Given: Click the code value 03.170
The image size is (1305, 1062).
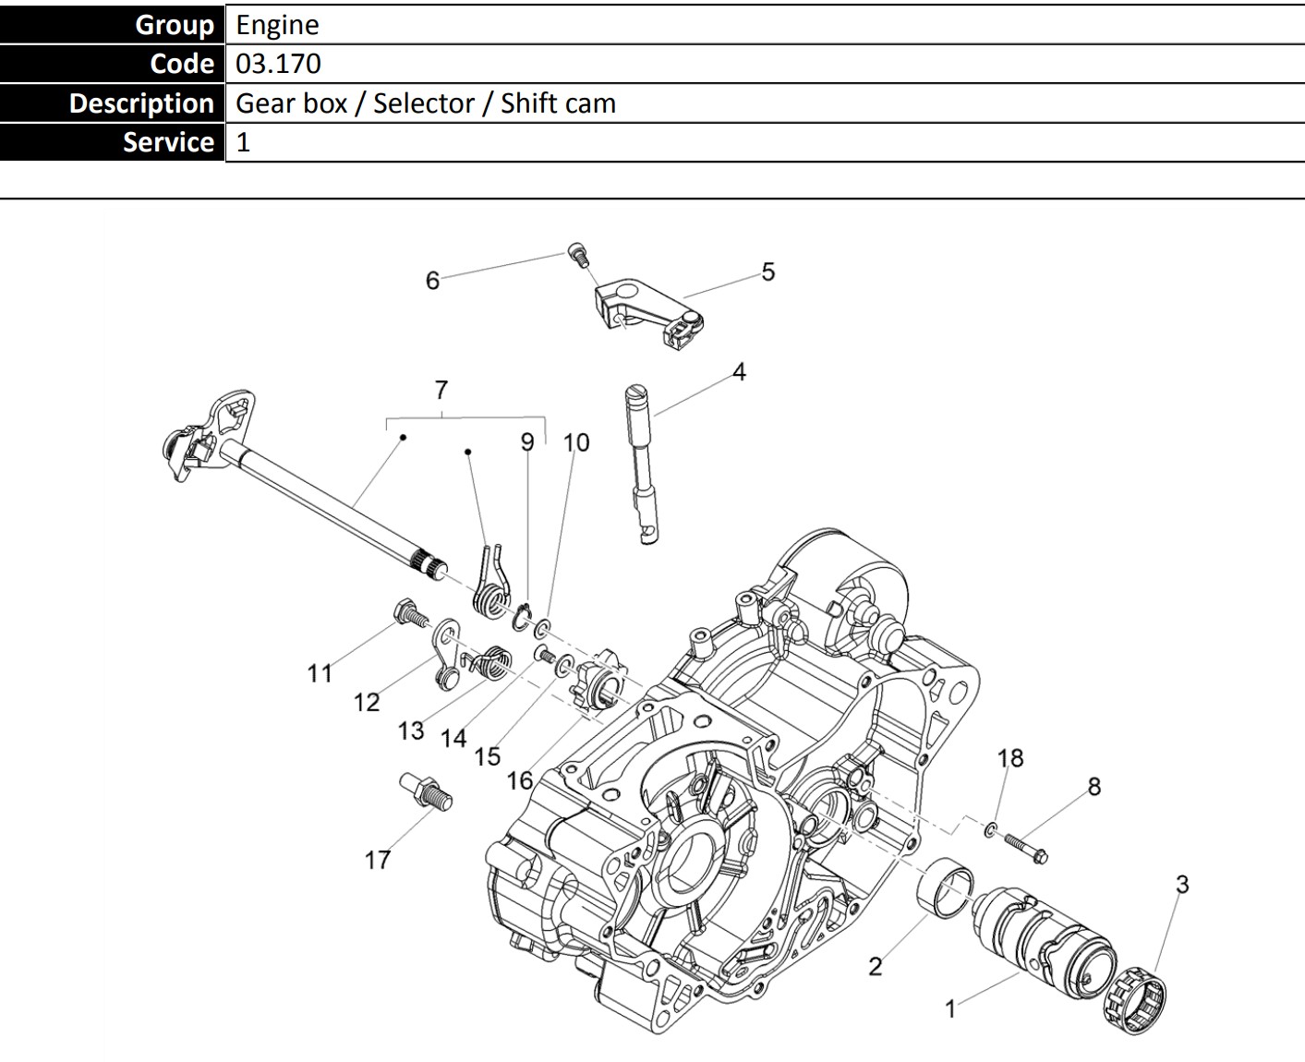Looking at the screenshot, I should tap(278, 64).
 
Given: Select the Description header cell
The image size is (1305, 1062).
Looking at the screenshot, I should tap(141, 103).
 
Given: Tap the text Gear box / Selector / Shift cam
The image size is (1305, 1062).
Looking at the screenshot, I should tap(425, 103).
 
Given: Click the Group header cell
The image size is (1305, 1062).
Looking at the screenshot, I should tap(175, 25).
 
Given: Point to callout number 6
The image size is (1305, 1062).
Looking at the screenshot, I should tap(432, 281).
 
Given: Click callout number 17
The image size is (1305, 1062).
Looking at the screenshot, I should tap(377, 860).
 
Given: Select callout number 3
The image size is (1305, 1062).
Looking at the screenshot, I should tap(1182, 884).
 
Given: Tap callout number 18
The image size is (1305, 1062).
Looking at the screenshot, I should tap(1010, 758).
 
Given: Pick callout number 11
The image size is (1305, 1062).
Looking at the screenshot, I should tap(320, 673).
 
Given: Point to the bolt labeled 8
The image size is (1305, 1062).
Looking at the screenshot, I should tap(1024, 847).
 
